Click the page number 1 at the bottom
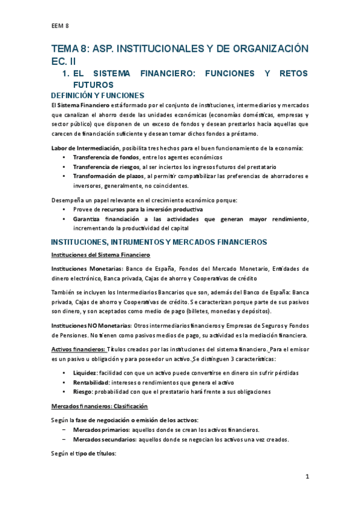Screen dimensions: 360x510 click(306, 477)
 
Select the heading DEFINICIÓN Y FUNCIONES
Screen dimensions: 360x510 click(97, 96)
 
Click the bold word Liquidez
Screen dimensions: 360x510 click(85, 373)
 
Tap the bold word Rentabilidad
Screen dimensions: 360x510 click(91, 382)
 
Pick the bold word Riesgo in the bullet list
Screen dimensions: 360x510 click(84, 392)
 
